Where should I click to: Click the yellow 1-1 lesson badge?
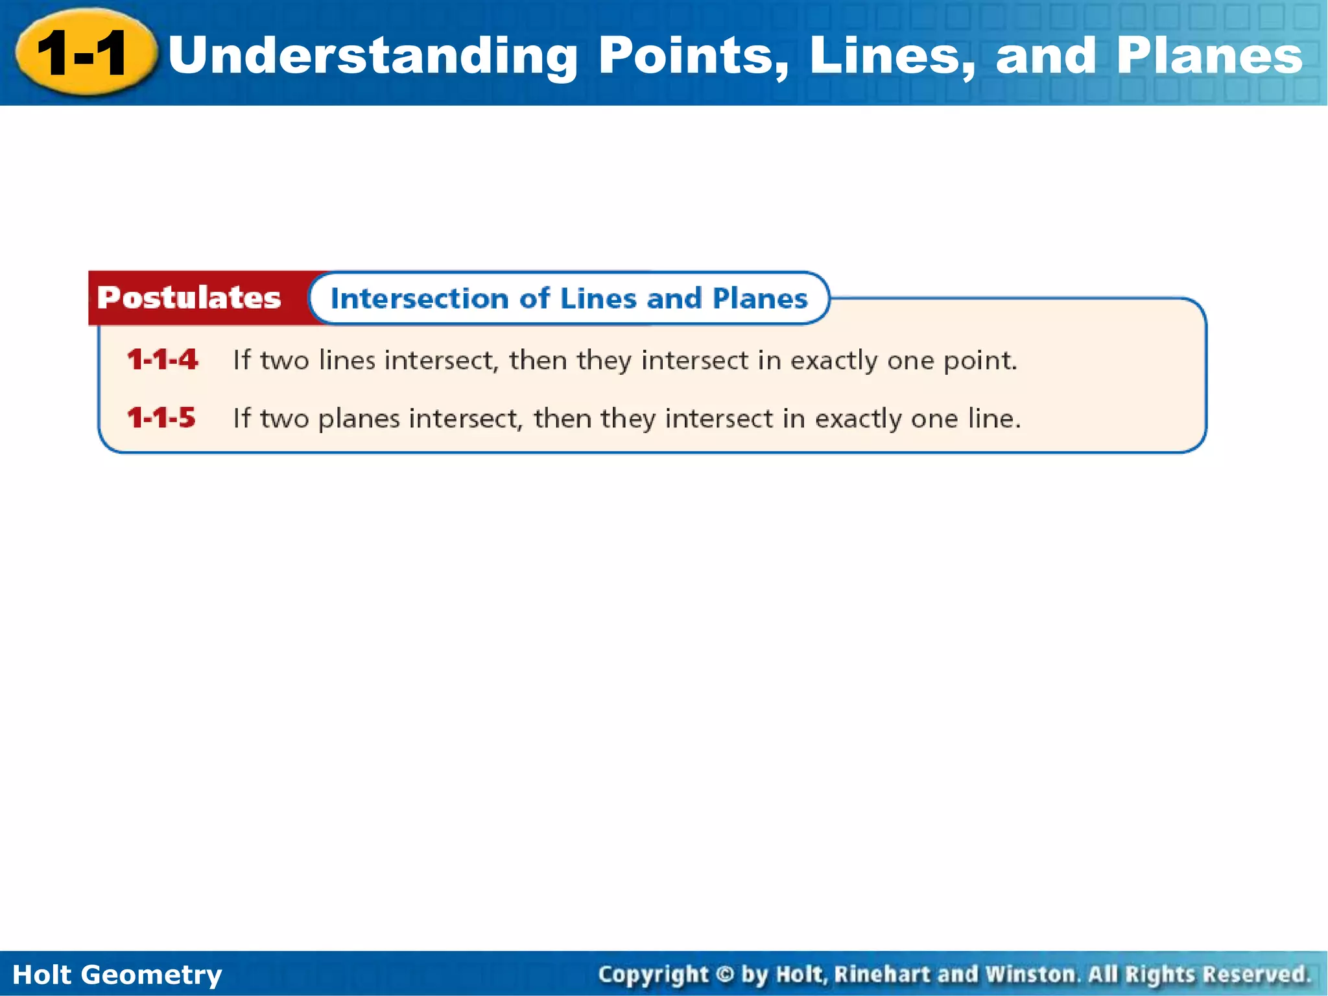pyautogui.click(x=84, y=54)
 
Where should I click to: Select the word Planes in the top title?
pyautogui.click(x=1210, y=55)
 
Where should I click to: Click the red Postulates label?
pyautogui.click(x=189, y=298)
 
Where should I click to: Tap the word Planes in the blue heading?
pyautogui.click(x=760, y=299)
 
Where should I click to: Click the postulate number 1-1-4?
pyautogui.click(x=162, y=360)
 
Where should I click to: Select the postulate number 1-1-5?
pyautogui.click(x=161, y=418)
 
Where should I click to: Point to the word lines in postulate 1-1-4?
pyautogui.click(x=347, y=360)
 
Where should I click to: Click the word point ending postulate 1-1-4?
pyautogui.click(x=979, y=361)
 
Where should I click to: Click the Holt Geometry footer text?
pyautogui.click(x=117, y=975)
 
